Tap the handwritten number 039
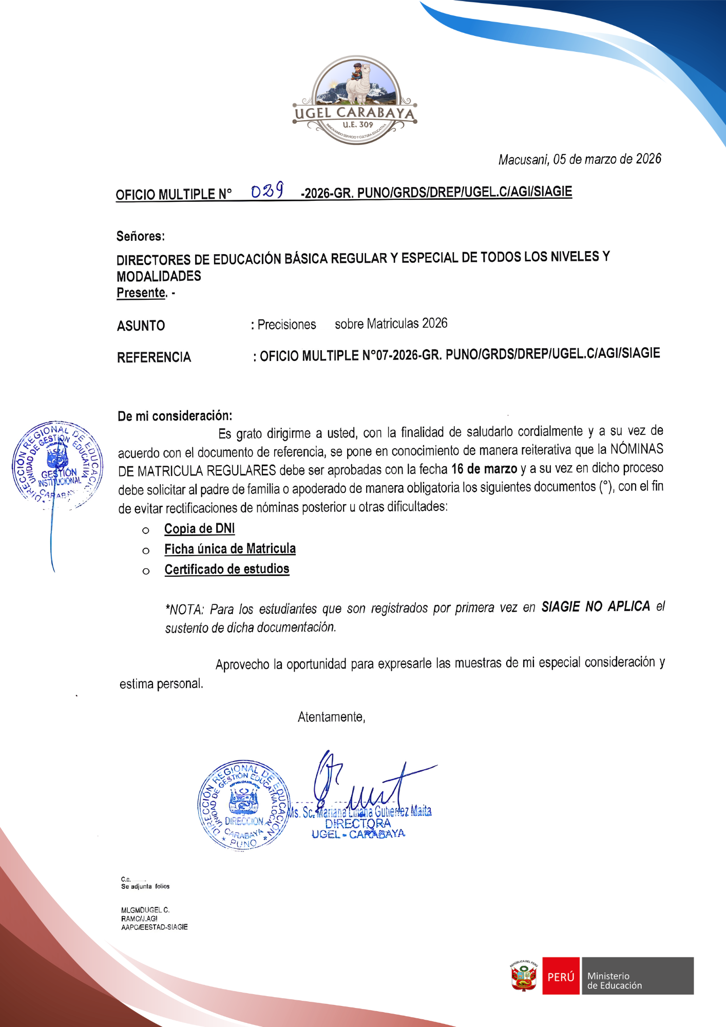pos(267,191)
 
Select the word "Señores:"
pos(140,236)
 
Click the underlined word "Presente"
pos(141,293)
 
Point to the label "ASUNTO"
pos(141,326)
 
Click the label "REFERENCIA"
pos(154,357)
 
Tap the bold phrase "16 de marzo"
pos(484,469)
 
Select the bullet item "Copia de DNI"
pos(199,528)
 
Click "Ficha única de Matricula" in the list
pos(230,549)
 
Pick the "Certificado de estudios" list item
pos(226,569)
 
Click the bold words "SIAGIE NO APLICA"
pos(595,607)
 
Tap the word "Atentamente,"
pos(331,717)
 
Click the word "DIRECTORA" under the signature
pos(357,823)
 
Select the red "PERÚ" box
pos(561,976)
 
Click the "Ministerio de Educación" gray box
pos(637,976)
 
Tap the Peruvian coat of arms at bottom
pos(523,976)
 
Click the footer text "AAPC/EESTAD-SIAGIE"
pos(154,927)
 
